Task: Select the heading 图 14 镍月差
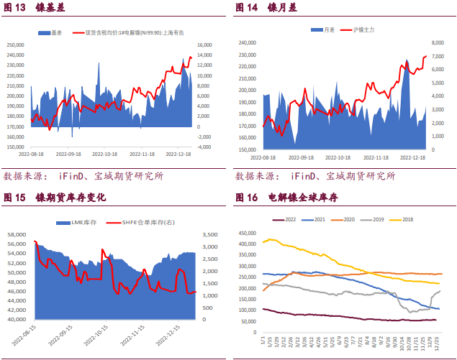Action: pyautogui.click(x=266, y=9)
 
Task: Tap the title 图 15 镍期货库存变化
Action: pyautogui.click(x=54, y=198)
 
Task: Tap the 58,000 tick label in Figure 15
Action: pyautogui.click(x=16, y=235)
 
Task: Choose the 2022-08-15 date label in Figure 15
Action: pyautogui.click(x=22, y=336)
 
